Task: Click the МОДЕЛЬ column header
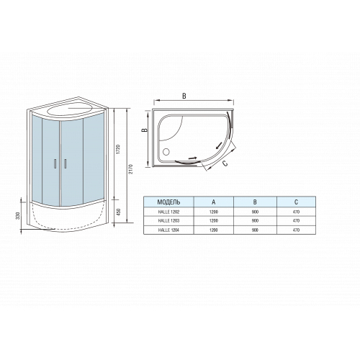168,202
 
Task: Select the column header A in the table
214,202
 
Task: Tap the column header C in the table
296,202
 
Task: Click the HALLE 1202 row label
168,212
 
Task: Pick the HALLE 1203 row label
168,221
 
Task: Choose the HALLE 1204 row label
168,230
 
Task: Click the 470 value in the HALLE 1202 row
296,212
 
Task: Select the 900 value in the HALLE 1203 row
255,221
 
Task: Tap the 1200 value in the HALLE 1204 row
214,230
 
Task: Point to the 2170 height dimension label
130,169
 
